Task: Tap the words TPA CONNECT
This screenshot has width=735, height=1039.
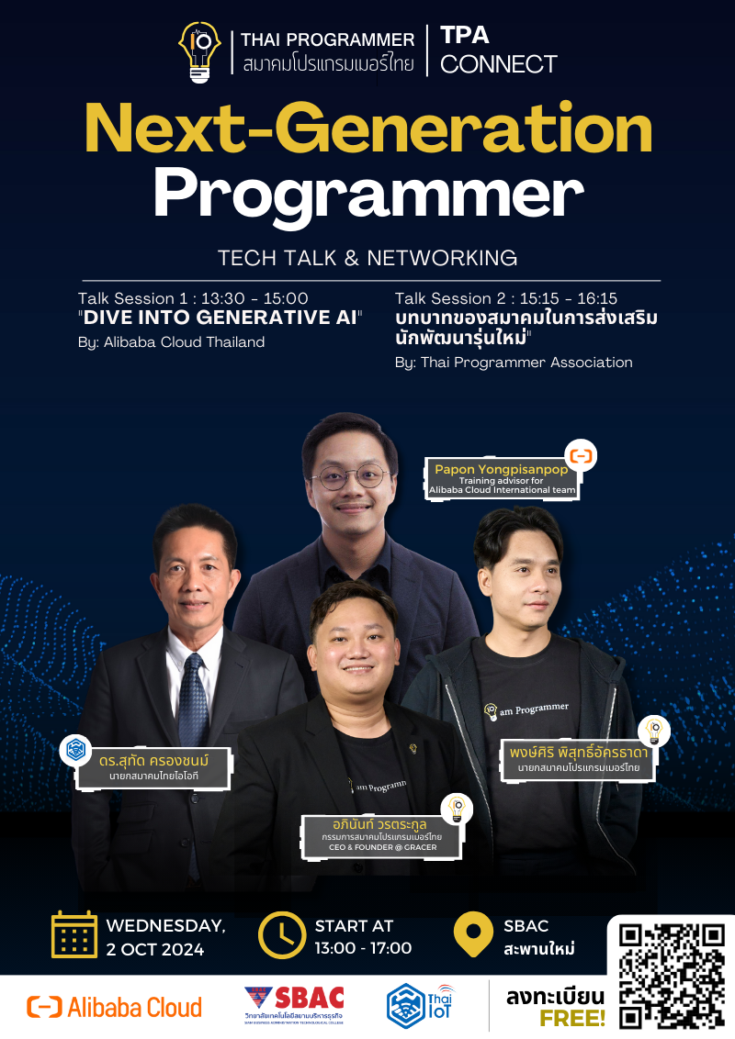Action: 498,50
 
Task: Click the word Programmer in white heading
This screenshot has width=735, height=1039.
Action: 367,194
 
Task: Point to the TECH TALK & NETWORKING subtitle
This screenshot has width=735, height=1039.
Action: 367,258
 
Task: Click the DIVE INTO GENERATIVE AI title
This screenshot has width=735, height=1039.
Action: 220,318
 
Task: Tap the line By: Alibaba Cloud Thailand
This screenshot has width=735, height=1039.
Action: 172,342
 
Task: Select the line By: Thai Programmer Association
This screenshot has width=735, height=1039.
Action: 514,363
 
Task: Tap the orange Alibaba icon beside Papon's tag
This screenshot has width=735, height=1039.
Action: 582,455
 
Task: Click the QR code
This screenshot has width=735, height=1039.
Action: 672,975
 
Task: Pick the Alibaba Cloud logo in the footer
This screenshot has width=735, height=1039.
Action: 115,1007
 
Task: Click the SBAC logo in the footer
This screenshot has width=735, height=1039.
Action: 294,1004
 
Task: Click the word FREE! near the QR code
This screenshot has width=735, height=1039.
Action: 572,1019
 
